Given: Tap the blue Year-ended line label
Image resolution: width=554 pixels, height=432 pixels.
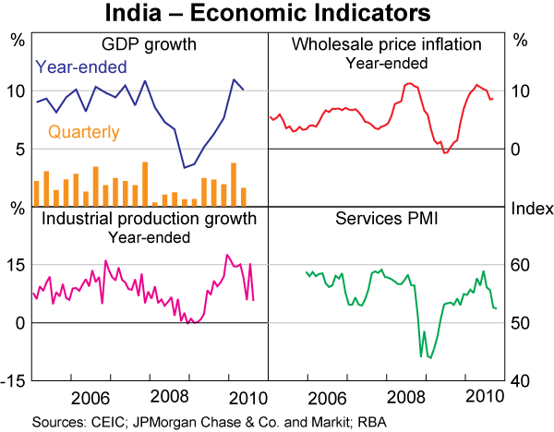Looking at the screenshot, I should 80,66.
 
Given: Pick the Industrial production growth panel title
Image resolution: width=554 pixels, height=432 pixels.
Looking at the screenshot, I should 144,219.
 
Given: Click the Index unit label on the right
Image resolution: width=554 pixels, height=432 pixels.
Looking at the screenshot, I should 530,208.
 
